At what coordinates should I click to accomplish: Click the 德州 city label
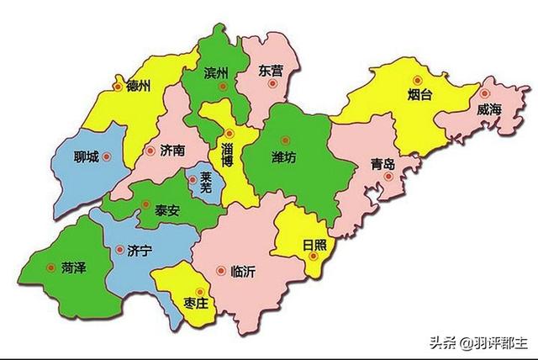[138, 86]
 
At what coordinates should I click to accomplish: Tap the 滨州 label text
[216, 74]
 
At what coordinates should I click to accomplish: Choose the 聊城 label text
[87, 157]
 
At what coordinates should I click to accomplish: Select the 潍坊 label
[283, 156]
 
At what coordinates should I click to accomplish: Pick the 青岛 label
[382, 166]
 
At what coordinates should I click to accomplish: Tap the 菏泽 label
[74, 267]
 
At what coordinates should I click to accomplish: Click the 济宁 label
[139, 250]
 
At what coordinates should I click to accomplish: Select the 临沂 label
[243, 271]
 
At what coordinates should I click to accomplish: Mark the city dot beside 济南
[150, 151]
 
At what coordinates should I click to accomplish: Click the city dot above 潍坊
[285, 140]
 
